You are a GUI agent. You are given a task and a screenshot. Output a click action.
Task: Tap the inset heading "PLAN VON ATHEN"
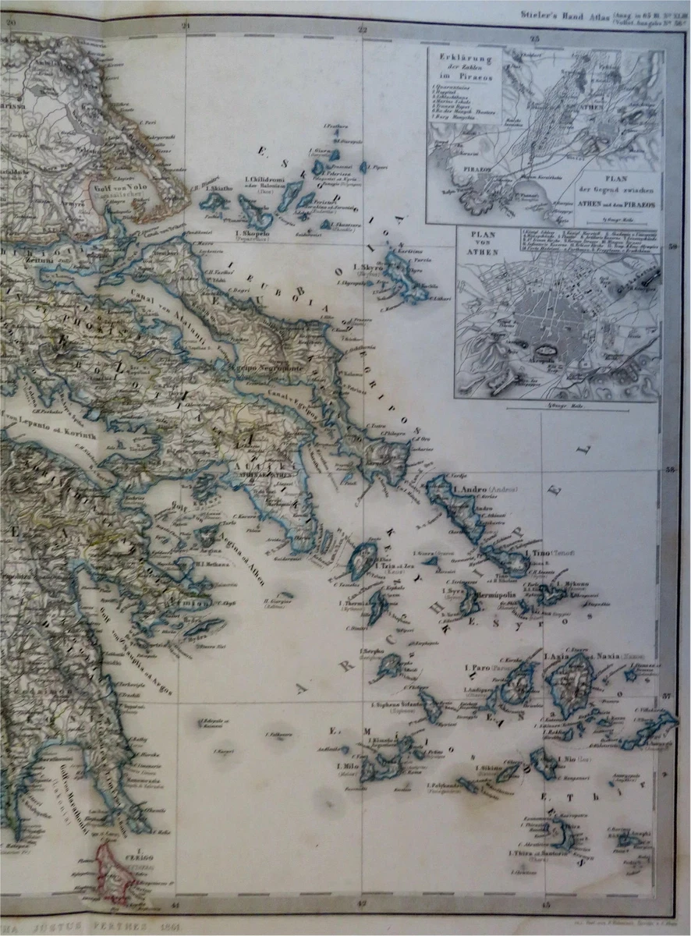click(x=479, y=237)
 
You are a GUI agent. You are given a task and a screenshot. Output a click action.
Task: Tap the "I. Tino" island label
click(x=540, y=553)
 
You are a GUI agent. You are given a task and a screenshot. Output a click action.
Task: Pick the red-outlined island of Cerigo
click(x=116, y=874)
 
